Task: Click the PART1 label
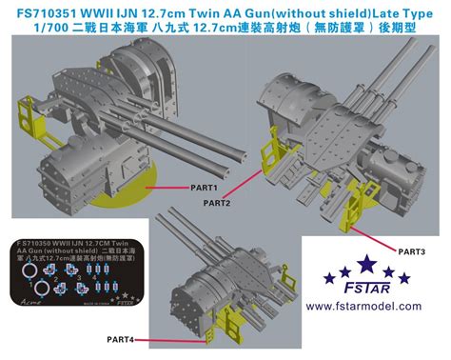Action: coord(203,189)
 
